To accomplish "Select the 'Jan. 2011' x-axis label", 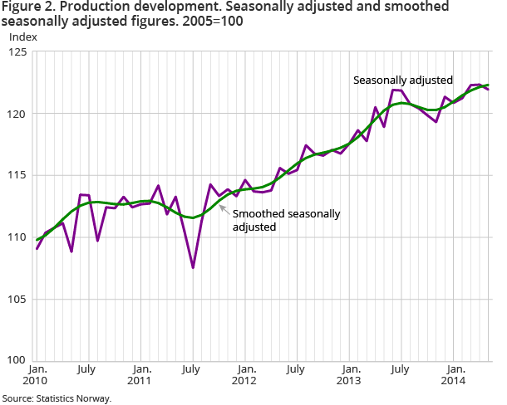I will coord(142,374).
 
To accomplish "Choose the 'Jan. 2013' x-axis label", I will coord(351,374).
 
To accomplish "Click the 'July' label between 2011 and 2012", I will coord(193,368).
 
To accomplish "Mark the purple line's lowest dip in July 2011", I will coord(193,267).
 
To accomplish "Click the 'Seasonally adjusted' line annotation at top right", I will coord(402,81).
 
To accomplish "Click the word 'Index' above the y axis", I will coord(22,37).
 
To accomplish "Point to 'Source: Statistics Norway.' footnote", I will coord(56,398).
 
